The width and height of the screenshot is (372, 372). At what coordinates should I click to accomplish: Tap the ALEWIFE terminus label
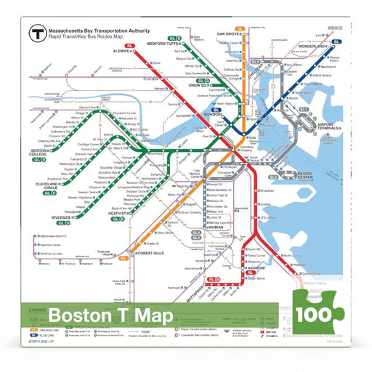point(117,52)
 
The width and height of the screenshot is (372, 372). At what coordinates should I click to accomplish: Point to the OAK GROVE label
point(231,33)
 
